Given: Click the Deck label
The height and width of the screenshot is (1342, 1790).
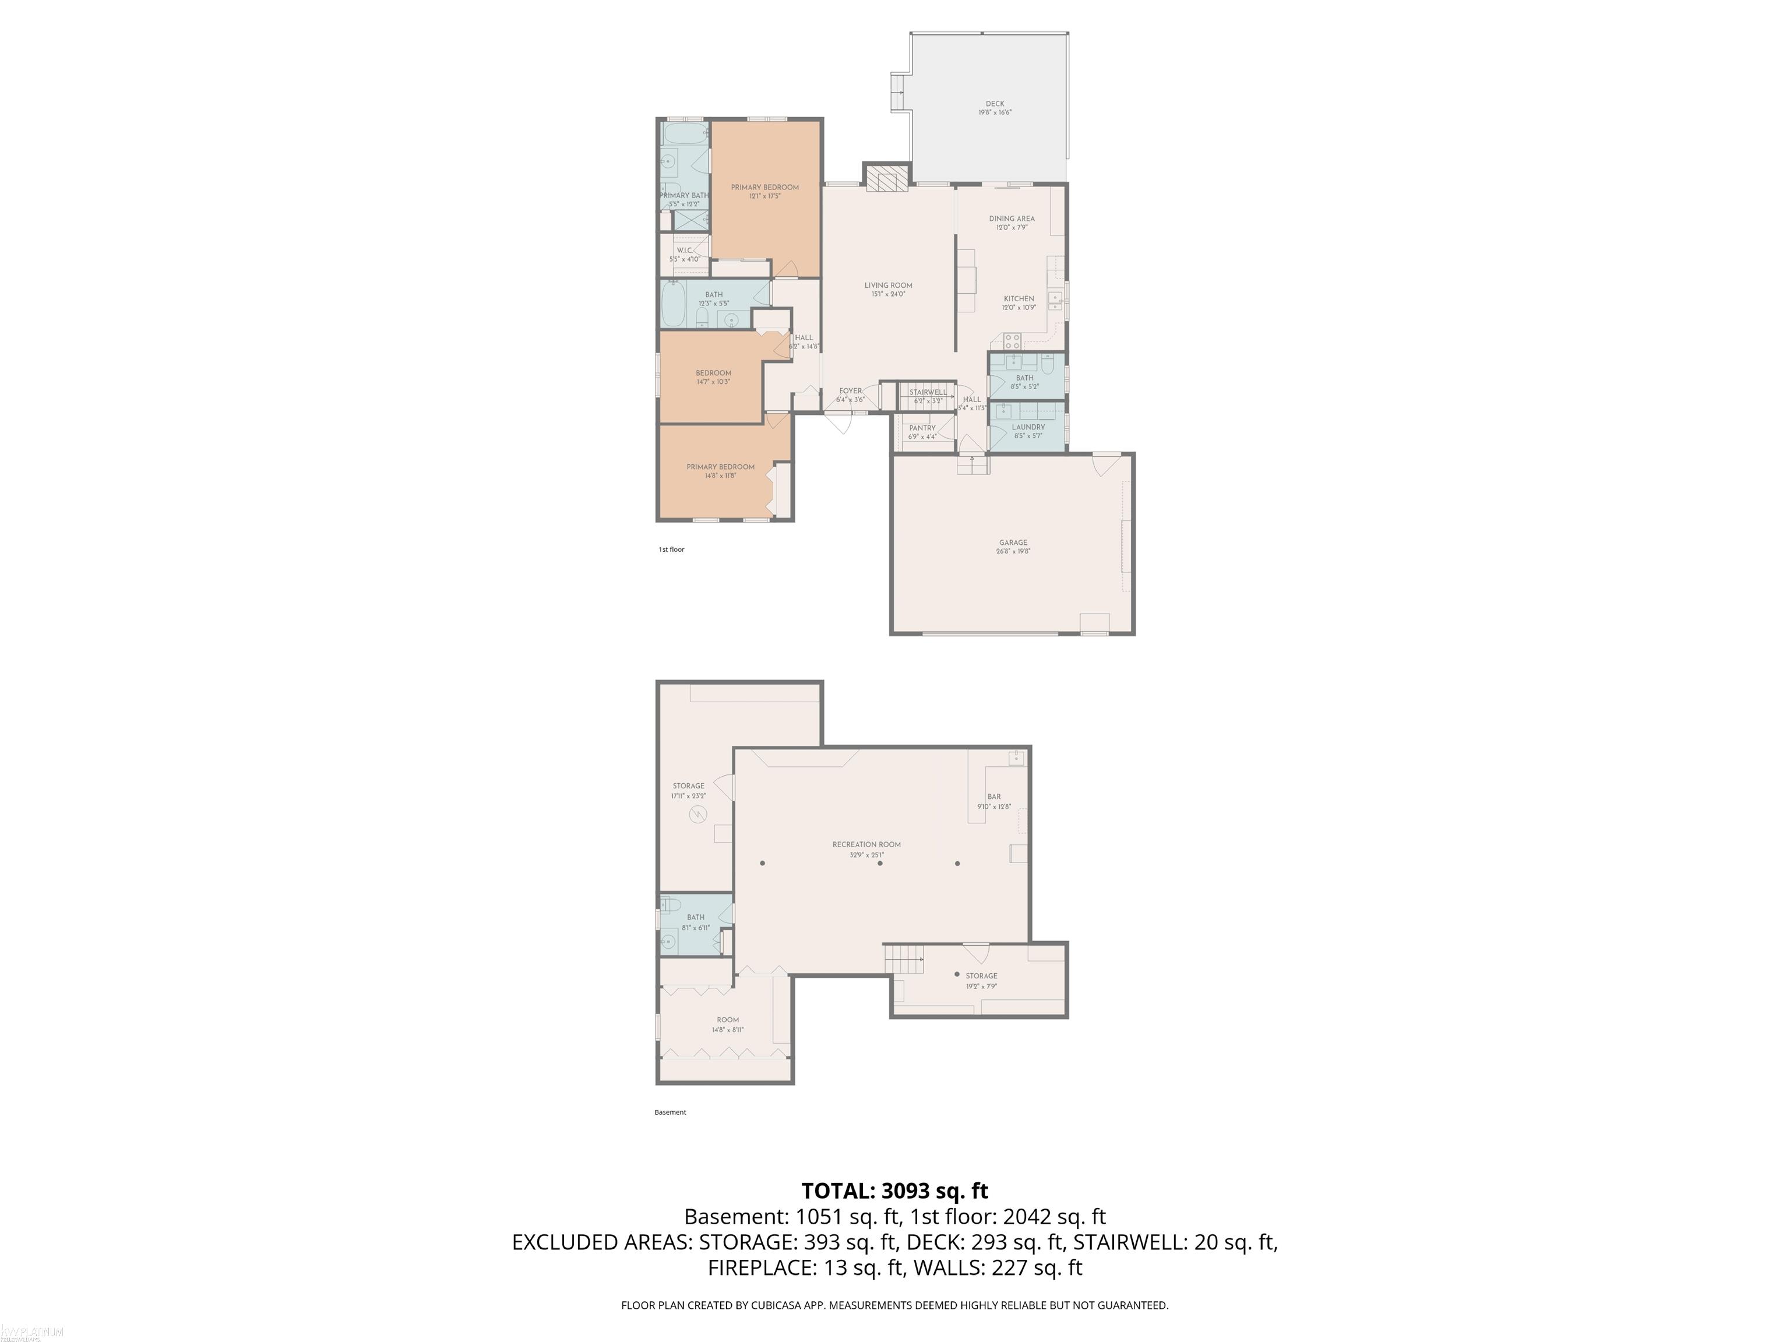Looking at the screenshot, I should click(x=995, y=104).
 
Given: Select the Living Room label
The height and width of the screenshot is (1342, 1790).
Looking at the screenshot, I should click(x=888, y=286).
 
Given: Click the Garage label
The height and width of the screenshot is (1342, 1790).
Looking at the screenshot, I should click(x=1012, y=543).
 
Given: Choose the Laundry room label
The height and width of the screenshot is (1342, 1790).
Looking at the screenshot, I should click(x=1028, y=427).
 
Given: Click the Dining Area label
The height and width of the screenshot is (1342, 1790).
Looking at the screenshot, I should click(x=1012, y=219).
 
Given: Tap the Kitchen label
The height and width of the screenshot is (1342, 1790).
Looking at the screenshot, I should click(x=1018, y=299).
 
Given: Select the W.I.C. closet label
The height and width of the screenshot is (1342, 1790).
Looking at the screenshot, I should click(x=684, y=250).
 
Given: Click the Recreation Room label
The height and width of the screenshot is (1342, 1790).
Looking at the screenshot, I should click(x=866, y=845).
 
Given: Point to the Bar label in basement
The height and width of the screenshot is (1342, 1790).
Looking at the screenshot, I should click(x=993, y=797).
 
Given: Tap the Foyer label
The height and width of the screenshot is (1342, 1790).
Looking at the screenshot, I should click(x=850, y=391).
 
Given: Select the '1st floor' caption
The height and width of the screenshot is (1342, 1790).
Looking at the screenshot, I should click(x=671, y=550).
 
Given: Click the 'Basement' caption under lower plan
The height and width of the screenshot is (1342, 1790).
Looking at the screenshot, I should click(x=670, y=1112).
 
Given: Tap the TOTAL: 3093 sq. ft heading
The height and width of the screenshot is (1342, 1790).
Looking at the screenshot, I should click(x=894, y=1190).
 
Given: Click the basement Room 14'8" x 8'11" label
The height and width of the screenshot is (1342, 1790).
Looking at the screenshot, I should click(x=728, y=1020).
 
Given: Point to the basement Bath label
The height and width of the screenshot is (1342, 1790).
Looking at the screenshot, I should click(x=695, y=918).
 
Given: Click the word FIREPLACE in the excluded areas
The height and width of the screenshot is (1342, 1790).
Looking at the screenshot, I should click(x=762, y=1267).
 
